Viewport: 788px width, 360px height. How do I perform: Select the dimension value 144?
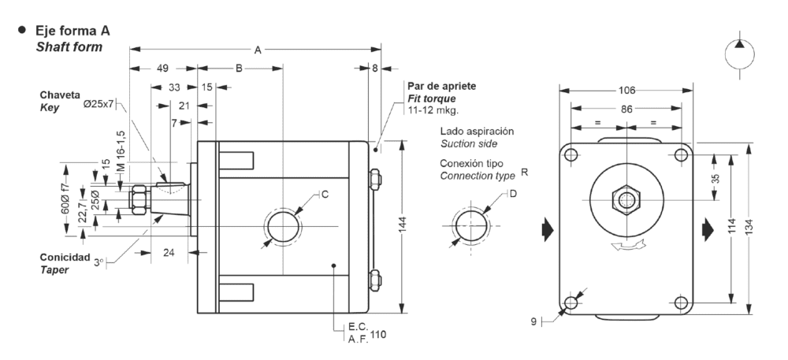(403, 227)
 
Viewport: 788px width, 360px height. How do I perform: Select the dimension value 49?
(163, 69)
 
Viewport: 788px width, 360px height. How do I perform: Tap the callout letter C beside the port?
(323, 194)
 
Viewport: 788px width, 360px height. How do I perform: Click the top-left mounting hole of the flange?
(571, 154)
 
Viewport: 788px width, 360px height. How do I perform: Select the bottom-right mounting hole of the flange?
(680, 302)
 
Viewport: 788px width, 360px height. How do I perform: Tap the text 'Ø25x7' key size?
(98, 103)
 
